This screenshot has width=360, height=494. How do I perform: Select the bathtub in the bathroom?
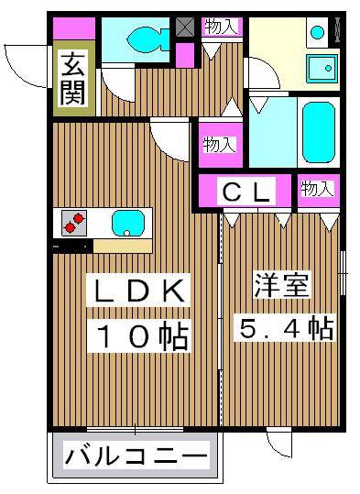pos(318,131)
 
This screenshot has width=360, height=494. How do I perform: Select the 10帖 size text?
pos(138,336)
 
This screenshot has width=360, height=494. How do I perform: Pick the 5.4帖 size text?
pos(285,326)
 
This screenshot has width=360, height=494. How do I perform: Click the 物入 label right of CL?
pos(317,189)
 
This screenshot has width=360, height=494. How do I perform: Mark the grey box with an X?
pos(185,27)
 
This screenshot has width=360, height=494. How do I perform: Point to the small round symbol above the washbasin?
pos(318,32)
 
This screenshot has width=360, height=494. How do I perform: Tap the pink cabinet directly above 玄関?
pos(68,28)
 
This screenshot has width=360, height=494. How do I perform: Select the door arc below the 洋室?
pos(278,445)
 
